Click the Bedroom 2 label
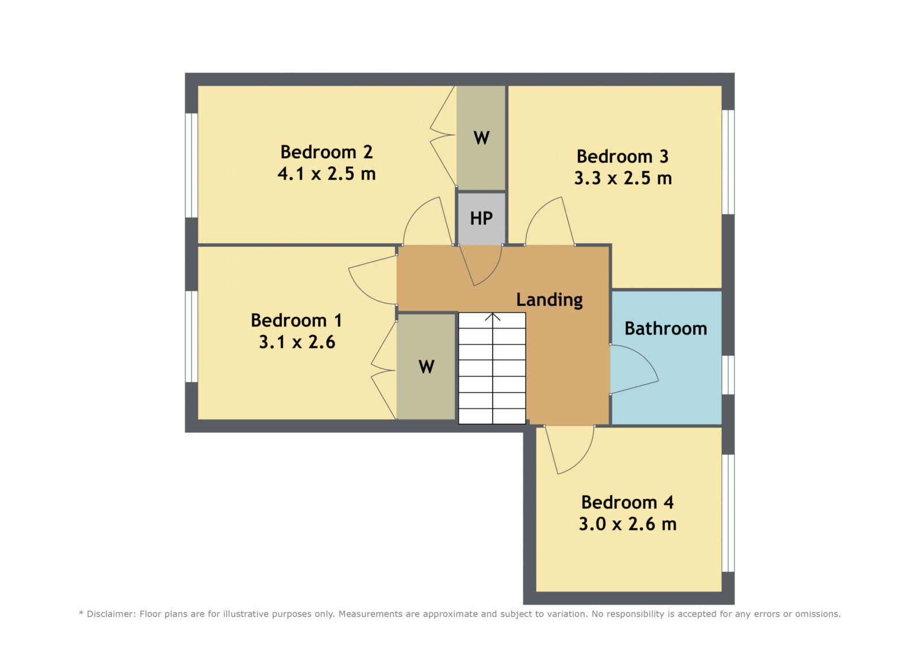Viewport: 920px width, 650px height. click(x=327, y=152)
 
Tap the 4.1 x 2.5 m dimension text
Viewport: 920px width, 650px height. click(x=327, y=174)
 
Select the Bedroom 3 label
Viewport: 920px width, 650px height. click(x=623, y=156)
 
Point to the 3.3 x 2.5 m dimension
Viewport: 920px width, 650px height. click(x=623, y=178)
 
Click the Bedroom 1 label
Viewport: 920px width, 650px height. click(x=297, y=321)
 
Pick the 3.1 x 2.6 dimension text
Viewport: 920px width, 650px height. click(x=297, y=342)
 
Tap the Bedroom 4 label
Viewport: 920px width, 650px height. click(x=627, y=503)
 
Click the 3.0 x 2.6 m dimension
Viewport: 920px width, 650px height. click(x=627, y=524)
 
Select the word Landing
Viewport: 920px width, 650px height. click(x=550, y=301)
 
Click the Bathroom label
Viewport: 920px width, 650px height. click(x=666, y=329)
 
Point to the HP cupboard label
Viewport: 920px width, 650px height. click(x=481, y=218)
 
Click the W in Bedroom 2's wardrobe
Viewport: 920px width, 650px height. click(x=481, y=138)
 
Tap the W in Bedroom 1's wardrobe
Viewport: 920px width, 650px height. click(x=427, y=367)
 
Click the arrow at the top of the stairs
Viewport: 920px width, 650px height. click(x=492, y=317)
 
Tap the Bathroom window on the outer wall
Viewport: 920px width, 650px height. click(x=728, y=375)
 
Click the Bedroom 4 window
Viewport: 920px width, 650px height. click(x=728, y=513)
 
